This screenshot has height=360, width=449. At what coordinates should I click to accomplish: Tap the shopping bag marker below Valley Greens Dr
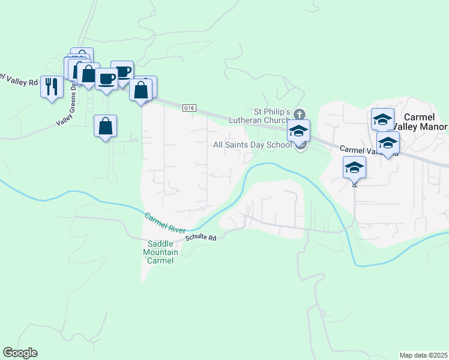coord(105,127)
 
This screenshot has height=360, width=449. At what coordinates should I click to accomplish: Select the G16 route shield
coord(189,107)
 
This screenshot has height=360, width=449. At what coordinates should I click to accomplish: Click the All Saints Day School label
coord(252,145)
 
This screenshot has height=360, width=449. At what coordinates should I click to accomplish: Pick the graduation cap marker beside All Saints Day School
coord(298,132)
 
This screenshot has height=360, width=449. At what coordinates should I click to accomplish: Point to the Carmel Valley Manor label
coord(424,122)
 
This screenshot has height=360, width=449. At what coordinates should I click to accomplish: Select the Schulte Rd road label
coord(200,237)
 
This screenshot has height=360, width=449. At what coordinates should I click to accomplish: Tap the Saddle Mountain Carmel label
coord(160,252)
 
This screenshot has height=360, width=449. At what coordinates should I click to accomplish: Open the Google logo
coord(20,353)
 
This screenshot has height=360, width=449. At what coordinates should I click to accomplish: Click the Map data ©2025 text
coord(423,355)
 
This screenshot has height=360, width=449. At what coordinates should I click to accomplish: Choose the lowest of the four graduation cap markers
coord(354,168)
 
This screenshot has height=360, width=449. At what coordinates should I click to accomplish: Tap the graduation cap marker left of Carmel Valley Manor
coord(382,120)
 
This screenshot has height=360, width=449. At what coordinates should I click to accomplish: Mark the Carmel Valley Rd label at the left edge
coord(18,79)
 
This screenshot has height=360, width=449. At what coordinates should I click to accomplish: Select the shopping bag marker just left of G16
coord(140,91)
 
